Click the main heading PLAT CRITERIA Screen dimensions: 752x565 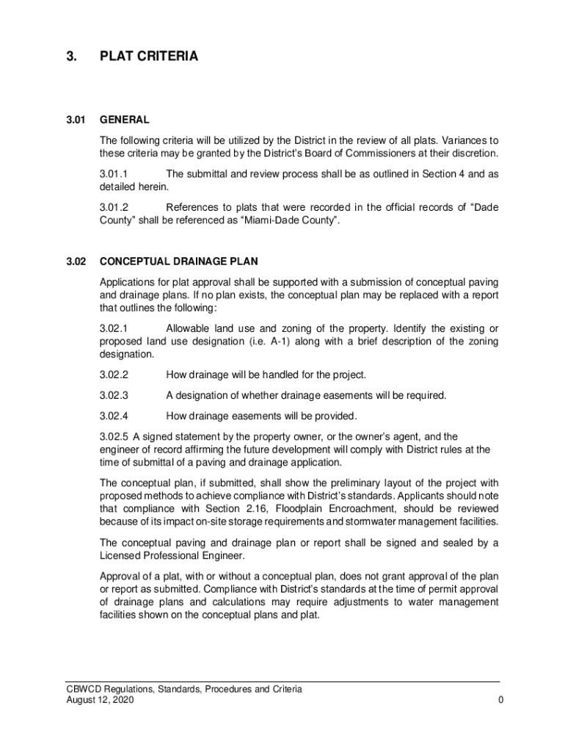tap(149, 56)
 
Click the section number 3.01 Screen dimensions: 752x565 tap(76, 120)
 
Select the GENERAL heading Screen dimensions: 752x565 tap(125, 120)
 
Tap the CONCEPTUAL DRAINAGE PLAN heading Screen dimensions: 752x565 tap(178, 261)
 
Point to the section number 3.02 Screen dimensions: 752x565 tap(76, 261)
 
